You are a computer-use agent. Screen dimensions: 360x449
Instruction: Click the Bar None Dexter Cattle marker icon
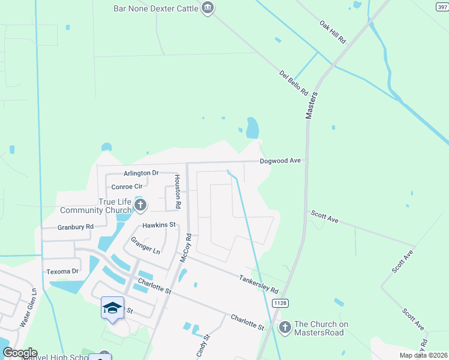[x=208, y=8]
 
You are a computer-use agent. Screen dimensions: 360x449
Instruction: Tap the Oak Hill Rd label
[x=333, y=32]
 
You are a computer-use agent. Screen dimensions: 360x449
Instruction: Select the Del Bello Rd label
[x=294, y=83]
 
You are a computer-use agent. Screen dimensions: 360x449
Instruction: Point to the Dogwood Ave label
[x=280, y=161]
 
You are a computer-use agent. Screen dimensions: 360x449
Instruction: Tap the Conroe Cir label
[x=125, y=187]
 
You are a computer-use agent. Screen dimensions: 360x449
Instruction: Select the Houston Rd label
[x=178, y=191]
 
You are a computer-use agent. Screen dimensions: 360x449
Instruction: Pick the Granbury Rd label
[x=76, y=227]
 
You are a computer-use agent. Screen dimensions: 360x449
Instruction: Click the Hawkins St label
[x=158, y=225]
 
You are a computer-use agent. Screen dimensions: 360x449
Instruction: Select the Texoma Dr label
[x=62, y=272]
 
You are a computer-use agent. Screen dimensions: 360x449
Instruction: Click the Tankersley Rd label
[x=259, y=284]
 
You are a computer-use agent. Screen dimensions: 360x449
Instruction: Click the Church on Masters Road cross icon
[x=285, y=328]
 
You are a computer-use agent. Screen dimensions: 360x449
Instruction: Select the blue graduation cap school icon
[x=112, y=307]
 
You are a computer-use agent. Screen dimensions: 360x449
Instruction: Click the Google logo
[x=20, y=353]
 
